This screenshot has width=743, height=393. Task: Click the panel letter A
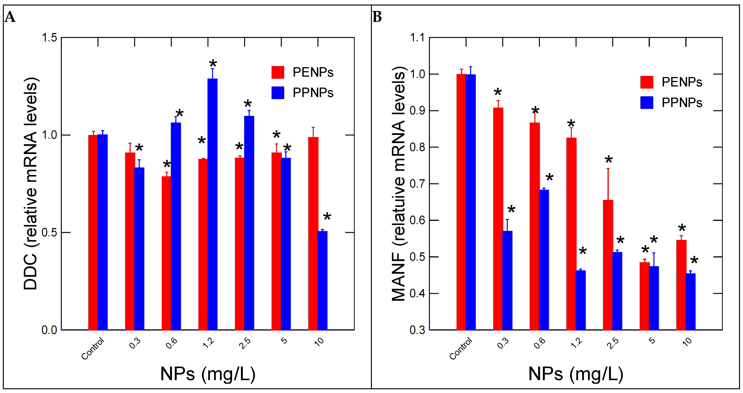(10, 17)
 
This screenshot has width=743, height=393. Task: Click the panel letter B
(377, 17)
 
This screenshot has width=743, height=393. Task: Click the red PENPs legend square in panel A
(277, 72)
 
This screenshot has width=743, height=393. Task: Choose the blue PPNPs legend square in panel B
(647, 102)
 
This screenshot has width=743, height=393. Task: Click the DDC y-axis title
(31, 183)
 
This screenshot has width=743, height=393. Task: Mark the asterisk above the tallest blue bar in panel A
(213, 63)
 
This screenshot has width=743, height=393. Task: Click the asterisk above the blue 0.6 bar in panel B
(550, 177)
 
